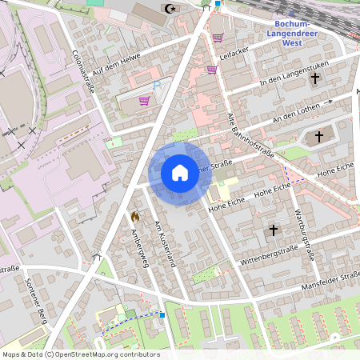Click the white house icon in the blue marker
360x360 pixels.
tap(180, 172)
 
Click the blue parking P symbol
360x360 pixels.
tap(157, 84)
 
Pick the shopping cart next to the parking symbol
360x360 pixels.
tap(144, 101)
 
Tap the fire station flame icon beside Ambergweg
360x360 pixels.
tap(135, 216)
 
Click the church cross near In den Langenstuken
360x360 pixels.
tap(316, 78)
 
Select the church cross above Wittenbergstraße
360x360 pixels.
tap(273, 230)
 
